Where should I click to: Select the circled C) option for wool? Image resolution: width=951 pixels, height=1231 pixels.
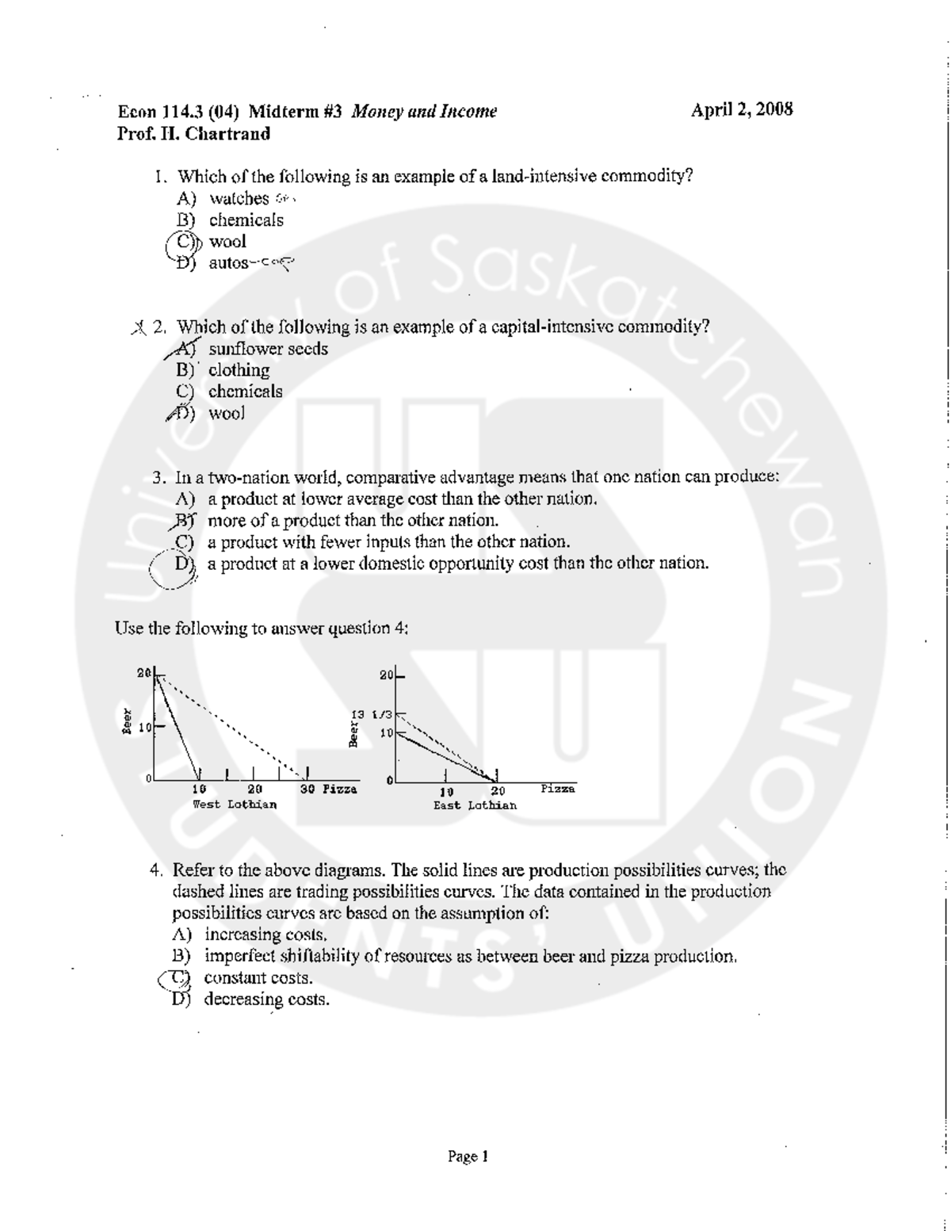185,242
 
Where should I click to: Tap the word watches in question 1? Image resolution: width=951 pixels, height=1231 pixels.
239,198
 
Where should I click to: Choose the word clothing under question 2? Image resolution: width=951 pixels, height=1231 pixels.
239,370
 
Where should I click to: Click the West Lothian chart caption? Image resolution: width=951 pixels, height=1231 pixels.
235,805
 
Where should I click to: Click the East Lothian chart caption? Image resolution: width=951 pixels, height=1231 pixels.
475,805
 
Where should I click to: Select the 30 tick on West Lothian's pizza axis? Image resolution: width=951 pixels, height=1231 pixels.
308,789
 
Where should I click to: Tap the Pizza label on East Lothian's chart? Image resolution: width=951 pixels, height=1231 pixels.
558,789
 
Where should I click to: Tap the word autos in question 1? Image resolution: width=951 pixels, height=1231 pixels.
228,263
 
